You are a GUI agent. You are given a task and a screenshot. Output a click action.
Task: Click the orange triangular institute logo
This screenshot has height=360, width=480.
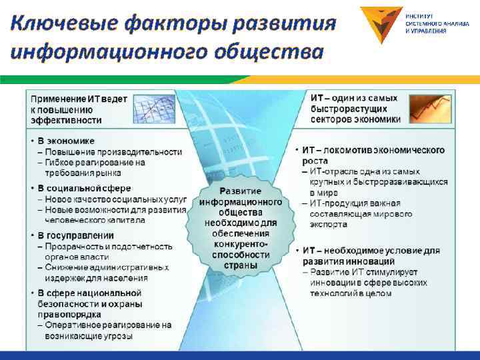pyautogui.click(x=381, y=25)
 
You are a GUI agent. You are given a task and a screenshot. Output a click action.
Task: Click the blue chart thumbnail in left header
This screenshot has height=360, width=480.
pyautogui.click(x=153, y=109)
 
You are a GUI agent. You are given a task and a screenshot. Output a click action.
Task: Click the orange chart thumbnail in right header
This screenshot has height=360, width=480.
pyautogui.click(x=430, y=109)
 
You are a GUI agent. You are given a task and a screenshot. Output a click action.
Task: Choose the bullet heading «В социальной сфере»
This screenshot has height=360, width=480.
pyautogui.click(x=84, y=189)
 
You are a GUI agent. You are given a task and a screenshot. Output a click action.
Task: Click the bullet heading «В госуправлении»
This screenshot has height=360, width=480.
pyautogui.click(x=75, y=235)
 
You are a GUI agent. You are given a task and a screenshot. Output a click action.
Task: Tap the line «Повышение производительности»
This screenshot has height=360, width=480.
pyautogui.click(x=113, y=151)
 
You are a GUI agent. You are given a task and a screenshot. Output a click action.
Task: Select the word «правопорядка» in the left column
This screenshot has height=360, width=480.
pyautogui.click(x=69, y=314)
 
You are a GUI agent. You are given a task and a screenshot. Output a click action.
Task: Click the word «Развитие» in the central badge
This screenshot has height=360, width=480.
pyautogui.click(x=240, y=191)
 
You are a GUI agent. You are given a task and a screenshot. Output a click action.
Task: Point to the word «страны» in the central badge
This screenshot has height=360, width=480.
pyautogui.click(x=240, y=265)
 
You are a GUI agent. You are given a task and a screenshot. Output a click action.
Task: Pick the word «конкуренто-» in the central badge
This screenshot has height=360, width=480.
pyautogui.click(x=240, y=245)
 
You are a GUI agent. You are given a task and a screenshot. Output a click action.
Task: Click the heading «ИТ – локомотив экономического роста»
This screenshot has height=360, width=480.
pyautogui.click(x=373, y=155)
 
